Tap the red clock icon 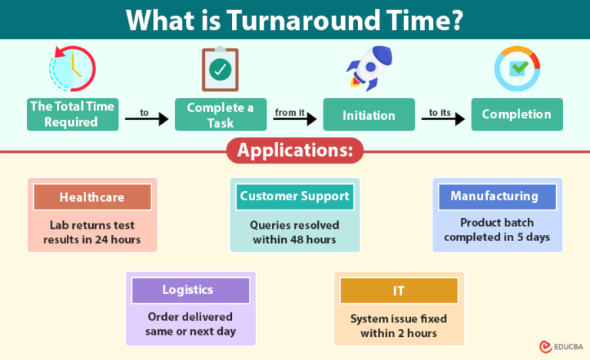pos(72,70)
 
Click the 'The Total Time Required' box pos(73,114)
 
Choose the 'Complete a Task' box pos(220,114)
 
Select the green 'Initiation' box pos(369,115)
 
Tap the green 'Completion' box pos(516,114)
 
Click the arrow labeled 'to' pos(146,119)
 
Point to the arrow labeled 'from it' pos(295,119)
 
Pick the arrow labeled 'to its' pos(443,119)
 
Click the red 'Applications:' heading pos(294,150)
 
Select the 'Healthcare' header pos(92,197)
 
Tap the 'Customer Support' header pos(294,197)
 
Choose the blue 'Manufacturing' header pos(494,197)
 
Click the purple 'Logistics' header pos(187,290)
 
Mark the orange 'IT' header pos(399,291)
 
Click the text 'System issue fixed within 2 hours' pos(399,325)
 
